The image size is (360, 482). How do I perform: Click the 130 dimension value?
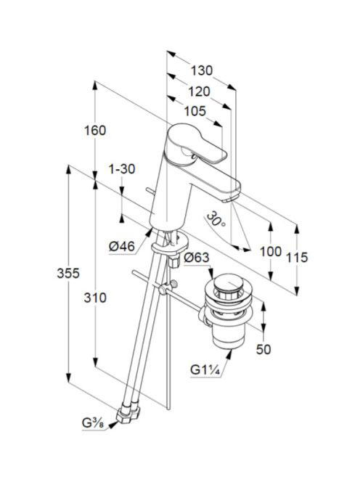point(202,70)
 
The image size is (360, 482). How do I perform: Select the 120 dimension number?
point(199,91)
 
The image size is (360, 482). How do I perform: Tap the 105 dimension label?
point(195,111)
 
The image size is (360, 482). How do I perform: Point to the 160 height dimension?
point(95,131)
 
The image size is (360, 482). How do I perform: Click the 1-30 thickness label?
point(122,168)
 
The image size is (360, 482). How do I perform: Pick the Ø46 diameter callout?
point(122,246)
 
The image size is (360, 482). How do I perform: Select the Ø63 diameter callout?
point(196,257)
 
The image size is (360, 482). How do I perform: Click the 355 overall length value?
point(68,273)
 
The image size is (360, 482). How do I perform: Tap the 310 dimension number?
point(95,298)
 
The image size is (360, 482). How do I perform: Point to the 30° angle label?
point(216,219)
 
